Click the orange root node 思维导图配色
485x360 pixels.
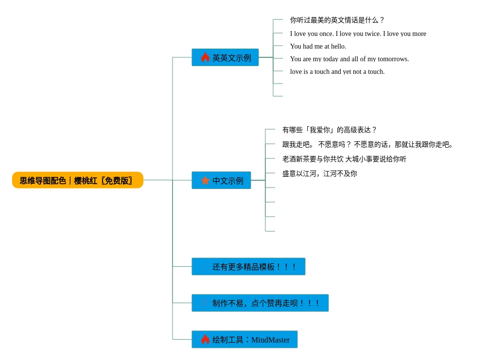point(77,180)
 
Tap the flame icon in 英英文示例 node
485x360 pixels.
point(205,57)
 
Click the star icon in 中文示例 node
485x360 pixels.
point(205,180)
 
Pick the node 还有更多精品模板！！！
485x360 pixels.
point(248,267)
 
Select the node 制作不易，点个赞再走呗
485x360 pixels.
point(260,303)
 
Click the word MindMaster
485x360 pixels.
point(270,340)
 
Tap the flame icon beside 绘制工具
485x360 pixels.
point(205,339)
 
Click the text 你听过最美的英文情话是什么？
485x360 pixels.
point(337,20)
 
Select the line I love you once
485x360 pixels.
point(358,34)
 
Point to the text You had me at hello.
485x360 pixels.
point(318,46)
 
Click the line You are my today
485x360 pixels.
point(349,59)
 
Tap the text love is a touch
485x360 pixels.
point(337,71)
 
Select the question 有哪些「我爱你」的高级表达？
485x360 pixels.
point(329,130)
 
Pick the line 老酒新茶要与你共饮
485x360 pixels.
point(344,159)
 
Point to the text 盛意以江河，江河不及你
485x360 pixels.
point(319,174)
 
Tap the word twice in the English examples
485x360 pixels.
point(372,34)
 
